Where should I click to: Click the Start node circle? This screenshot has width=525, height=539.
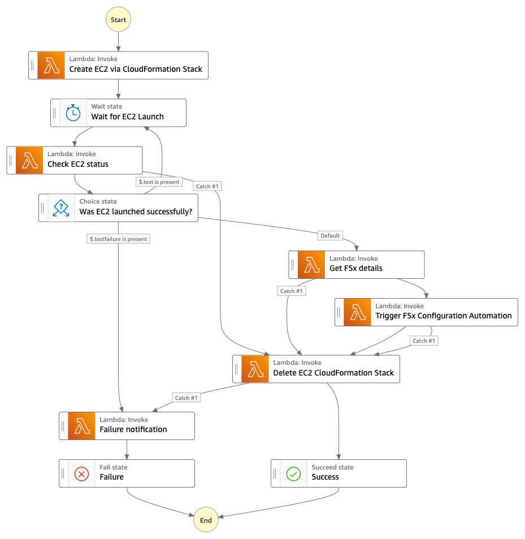118,19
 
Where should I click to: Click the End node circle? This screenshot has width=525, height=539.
206,520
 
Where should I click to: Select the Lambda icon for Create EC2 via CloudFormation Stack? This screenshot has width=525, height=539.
51,65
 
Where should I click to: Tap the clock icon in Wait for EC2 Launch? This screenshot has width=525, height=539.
73,113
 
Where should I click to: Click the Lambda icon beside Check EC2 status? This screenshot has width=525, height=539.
29,160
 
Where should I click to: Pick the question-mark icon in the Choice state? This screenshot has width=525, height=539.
61,208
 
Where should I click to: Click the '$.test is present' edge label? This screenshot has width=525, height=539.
159,182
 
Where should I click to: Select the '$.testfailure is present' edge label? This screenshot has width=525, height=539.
119,239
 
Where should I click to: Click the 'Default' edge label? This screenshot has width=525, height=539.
330,235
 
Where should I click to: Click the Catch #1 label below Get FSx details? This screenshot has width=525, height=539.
292,291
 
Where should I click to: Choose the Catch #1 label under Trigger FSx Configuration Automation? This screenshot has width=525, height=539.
424,340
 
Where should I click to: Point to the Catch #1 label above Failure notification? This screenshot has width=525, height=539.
186,398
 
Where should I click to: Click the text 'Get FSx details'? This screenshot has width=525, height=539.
356,268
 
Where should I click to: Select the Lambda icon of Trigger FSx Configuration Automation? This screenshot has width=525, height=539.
357,312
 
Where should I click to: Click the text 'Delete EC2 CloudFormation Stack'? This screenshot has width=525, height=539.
333,373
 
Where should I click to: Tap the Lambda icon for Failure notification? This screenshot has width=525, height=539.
82,426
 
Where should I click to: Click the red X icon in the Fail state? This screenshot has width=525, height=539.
82,473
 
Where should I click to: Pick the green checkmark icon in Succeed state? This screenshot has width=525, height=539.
294,473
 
